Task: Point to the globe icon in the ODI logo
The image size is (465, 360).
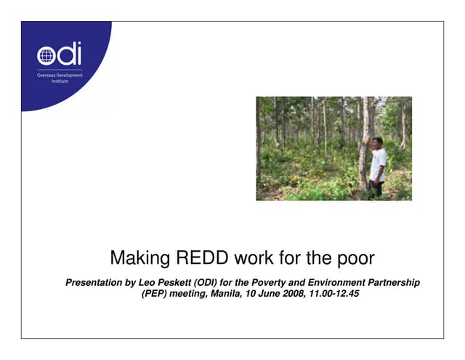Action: pos(46,55)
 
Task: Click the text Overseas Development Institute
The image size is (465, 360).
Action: pos(60,78)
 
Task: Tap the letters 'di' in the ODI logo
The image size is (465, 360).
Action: pos(69,54)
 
